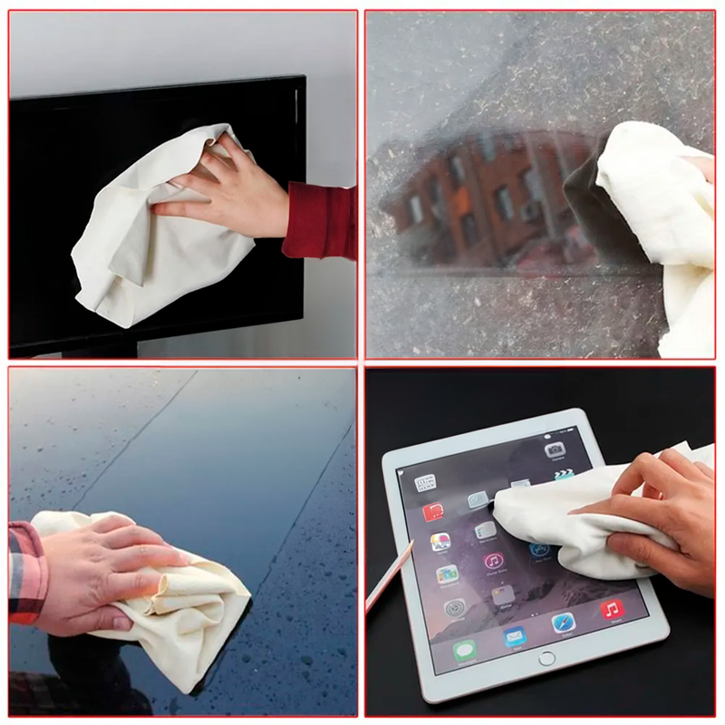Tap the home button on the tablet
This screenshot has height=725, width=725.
click(546, 659)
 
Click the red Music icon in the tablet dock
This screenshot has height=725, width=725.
click(613, 609)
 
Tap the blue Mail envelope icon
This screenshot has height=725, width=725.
click(515, 636)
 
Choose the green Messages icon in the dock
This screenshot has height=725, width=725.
click(465, 651)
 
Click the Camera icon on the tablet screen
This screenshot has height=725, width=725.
click(555, 449)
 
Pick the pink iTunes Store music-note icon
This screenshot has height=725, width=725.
click(494, 562)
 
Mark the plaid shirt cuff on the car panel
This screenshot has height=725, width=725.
click(26, 572)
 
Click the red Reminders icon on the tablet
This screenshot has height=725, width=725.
click(433, 513)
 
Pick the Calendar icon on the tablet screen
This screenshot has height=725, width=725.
click(425, 483)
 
